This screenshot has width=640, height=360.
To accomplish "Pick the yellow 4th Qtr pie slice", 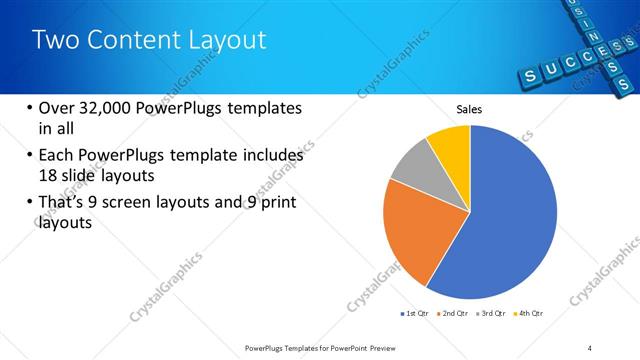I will (x=451, y=146).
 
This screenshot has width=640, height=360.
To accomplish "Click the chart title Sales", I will (x=470, y=109).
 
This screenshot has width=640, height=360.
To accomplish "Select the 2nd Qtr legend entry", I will (x=456, y=314).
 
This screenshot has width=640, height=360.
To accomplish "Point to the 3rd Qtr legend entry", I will (x=493, y=314).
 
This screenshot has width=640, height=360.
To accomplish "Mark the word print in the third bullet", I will (x=277, y=204).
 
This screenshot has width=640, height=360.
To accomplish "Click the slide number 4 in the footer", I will (x=590, y=347).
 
